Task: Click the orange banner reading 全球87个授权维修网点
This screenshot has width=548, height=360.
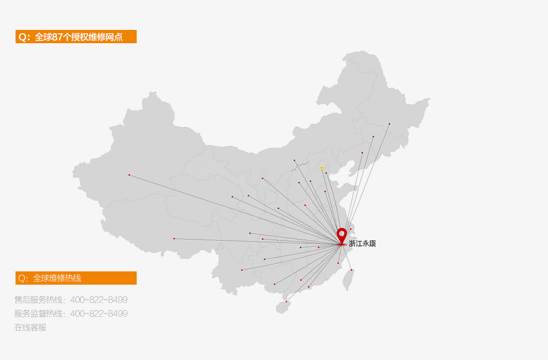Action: pyautogui.click(x=76, y=37)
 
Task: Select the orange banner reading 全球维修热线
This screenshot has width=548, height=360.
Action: pyautogui.click(x=76, y=278)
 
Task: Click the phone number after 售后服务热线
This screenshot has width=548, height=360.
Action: pyautogui.click(x=99, y=300)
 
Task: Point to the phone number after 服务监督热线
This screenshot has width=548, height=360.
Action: pyautogui.click(x=99, y=313)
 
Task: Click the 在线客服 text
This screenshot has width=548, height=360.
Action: pyautogui.click(x=30, y=327)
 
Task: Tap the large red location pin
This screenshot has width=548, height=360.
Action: pyautogui.click(x=342, y=235)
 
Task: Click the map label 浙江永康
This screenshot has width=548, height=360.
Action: pyautogui.click(x=362, y=243)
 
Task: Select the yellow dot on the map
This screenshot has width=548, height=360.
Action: pyautogui.click(x=322, y=168)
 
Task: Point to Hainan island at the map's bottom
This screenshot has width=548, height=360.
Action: pyautogui.click(x=283, y=307)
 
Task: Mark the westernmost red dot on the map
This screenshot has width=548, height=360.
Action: pyautogui.click(x=129, y=175)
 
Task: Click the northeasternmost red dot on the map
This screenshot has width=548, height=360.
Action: pyautogui.click(x=389, y=124)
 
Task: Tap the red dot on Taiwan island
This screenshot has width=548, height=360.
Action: pyautogui.click(x=351, y=270)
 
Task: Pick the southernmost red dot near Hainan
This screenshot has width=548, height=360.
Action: pyautogui.click(x=286, y=301)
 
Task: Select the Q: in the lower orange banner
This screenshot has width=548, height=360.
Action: pyautogui.click(x=23, y=278)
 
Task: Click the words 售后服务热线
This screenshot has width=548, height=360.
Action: pyautogui.click(x=39, y=300)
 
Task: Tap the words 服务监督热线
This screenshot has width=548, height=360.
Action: pyautogui.click(x=39, y=313)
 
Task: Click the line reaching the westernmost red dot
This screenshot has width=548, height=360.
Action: pyautogui.click(x=232, y=209)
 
